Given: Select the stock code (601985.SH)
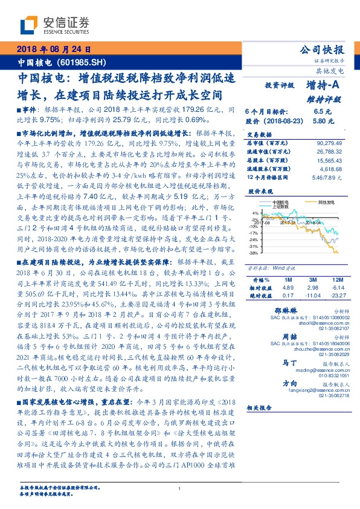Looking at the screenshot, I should (84, 62).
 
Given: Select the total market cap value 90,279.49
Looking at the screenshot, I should (327, 143).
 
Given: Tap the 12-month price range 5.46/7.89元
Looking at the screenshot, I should (327, 179).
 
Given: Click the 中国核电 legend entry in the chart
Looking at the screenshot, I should (281, 201).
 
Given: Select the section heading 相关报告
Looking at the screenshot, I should (261, 408).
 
